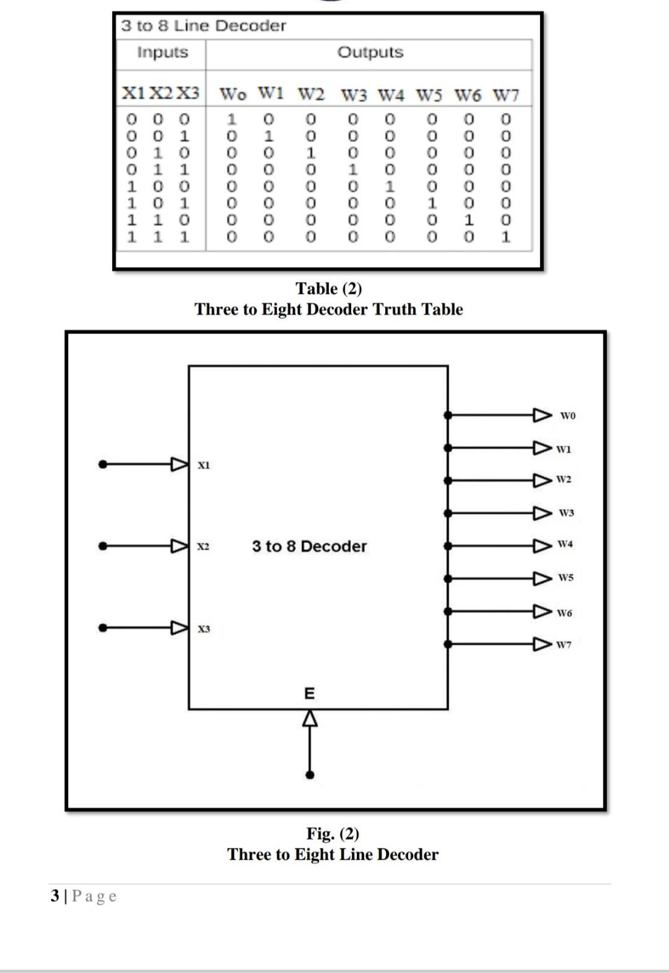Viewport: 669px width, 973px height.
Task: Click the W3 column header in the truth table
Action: tap(354, 95)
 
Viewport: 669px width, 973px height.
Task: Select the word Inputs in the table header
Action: tap(162, 52)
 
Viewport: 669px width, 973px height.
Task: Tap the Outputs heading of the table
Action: tap(370, 52)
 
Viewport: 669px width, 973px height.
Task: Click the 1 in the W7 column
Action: tap(506, 237)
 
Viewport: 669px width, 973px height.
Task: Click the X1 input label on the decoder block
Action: tap(204, 465)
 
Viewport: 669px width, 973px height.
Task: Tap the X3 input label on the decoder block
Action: tap(204, 629)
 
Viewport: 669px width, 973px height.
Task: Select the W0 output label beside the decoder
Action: tap(567, 416)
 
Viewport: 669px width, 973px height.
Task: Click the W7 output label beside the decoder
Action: tap(564, 645)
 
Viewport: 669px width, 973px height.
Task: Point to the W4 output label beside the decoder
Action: tap(565, 544)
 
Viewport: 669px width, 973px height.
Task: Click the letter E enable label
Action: tap(310, 693)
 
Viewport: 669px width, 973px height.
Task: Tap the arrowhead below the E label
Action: tap(310, 718)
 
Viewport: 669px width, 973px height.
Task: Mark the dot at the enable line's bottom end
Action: tap(310, 775)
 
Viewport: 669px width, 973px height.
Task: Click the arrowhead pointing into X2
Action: tap(180, 546)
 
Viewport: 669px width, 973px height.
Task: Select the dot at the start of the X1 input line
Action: tap(103, 464)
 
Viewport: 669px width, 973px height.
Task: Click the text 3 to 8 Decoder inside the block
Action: tap(309, 547)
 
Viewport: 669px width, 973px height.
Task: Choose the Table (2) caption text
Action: tap(328, 289)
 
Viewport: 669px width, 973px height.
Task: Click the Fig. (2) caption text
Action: tap(333, 834)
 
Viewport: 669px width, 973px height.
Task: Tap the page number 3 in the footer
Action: tap(55, 896)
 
